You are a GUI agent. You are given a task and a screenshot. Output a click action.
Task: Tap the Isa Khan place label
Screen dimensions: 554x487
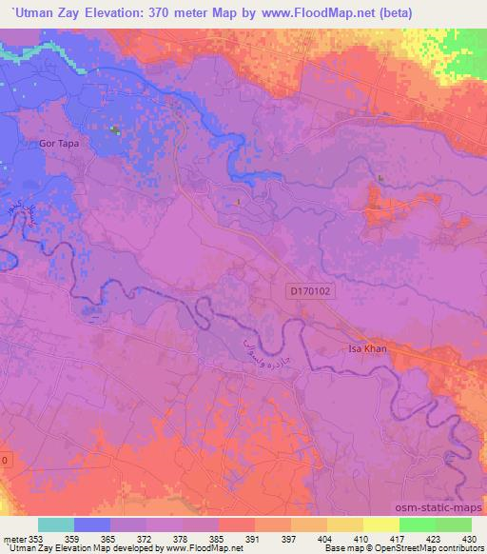[x=365, y=349]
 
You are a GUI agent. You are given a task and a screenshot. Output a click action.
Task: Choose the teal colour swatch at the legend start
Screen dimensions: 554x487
[x=56, y=524]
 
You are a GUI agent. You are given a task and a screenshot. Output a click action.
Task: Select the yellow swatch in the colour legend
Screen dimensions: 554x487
[x=380, y=524]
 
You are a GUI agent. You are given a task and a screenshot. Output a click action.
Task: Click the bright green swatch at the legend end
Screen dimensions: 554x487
[x=453, y=524]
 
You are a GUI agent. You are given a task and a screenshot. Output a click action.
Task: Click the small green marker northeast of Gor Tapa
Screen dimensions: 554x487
[x=115, y=130]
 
